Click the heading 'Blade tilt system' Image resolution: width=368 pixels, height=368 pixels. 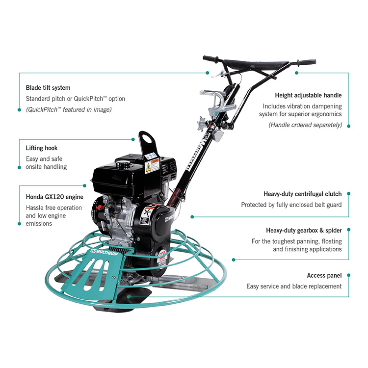tap(48, 88)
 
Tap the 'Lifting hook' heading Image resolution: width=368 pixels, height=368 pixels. tap(42, 147)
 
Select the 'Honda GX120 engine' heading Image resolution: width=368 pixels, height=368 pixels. tap(54, 197)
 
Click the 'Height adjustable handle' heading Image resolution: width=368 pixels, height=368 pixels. tap(308, 95)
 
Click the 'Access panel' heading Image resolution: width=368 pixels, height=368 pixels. tap(324, 276)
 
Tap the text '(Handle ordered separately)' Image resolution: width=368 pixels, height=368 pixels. tap(305, 125)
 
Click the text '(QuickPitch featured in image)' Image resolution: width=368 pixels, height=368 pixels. tap(69, 109)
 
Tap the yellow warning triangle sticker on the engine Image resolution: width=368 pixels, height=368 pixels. tap(148, 168)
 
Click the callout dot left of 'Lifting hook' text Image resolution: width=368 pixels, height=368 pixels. tap(19, 167)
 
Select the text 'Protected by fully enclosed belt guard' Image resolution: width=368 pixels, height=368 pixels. tap(291, 205)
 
